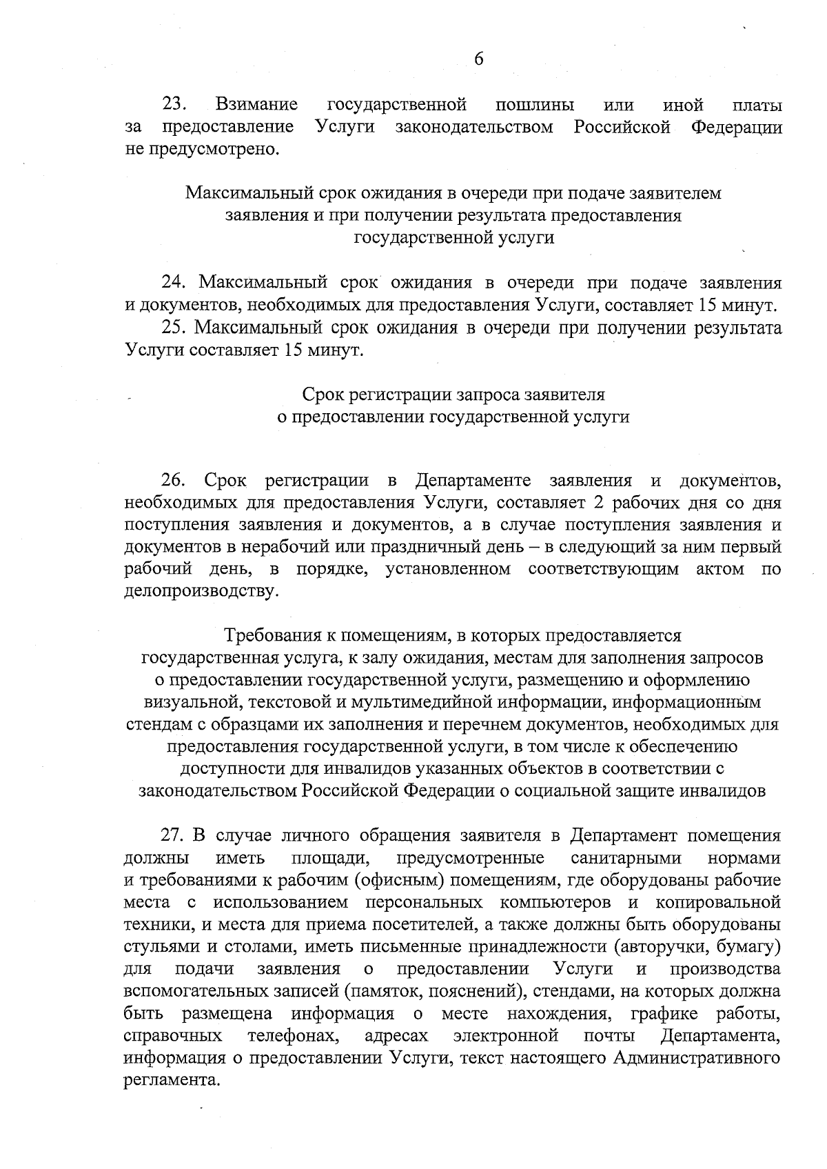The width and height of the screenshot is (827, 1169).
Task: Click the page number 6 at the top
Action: [479, 59]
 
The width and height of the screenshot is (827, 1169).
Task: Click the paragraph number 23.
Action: [175, 105]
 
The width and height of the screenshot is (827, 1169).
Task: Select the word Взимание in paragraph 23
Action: [256, 105]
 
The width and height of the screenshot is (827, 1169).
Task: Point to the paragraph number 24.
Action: [175, 283]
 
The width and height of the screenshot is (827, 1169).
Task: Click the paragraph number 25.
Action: [175, 328]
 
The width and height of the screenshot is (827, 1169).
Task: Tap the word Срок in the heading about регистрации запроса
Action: [325, 395]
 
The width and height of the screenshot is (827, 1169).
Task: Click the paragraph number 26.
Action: [175, 480]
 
